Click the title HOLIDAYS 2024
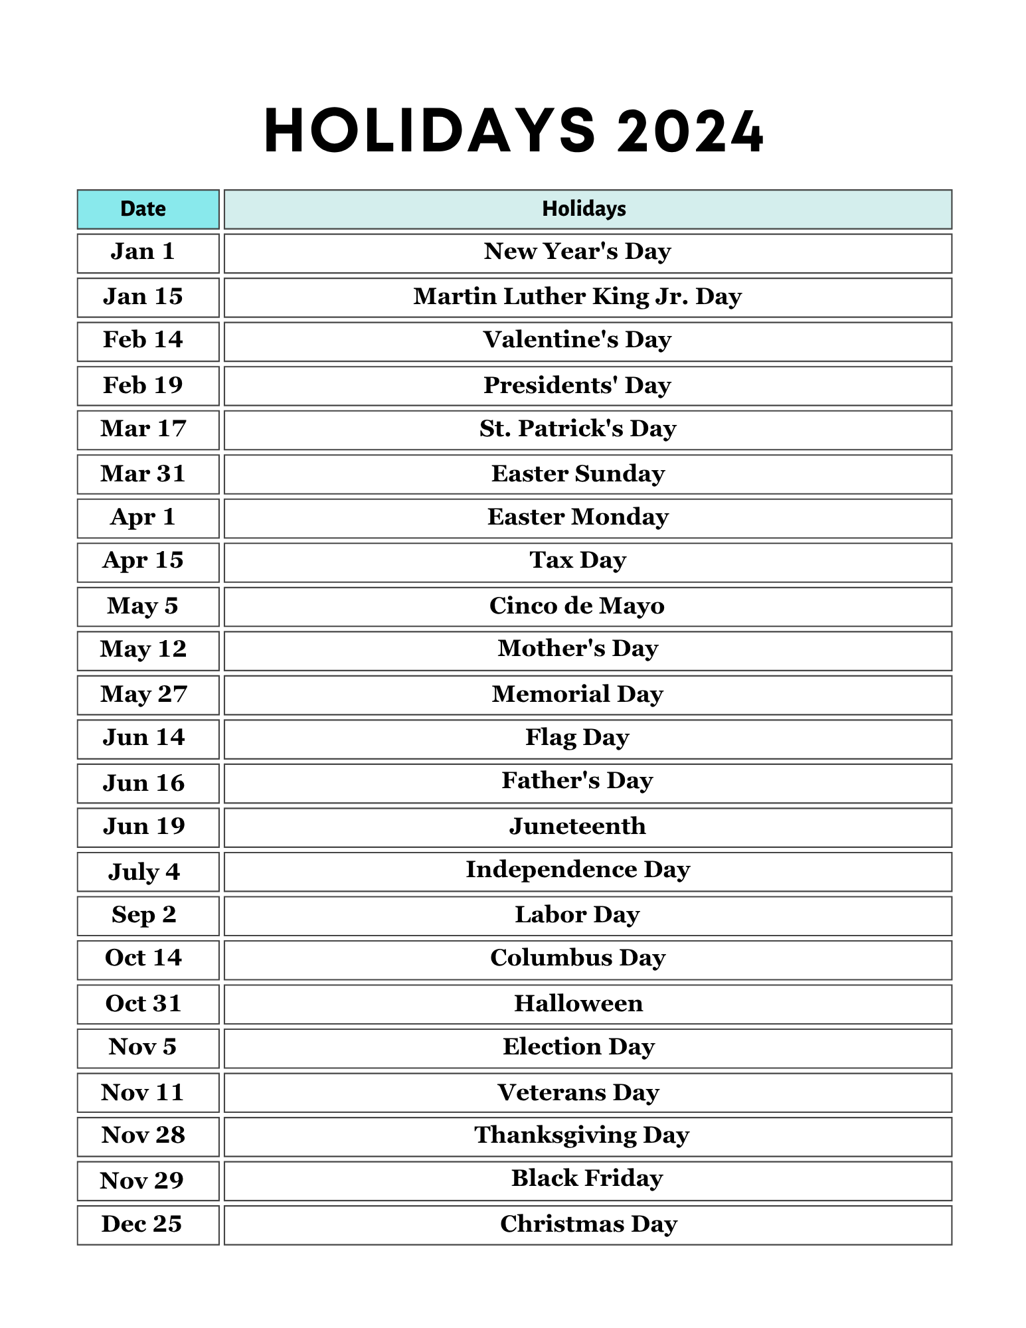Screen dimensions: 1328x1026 (x=513, y=131)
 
